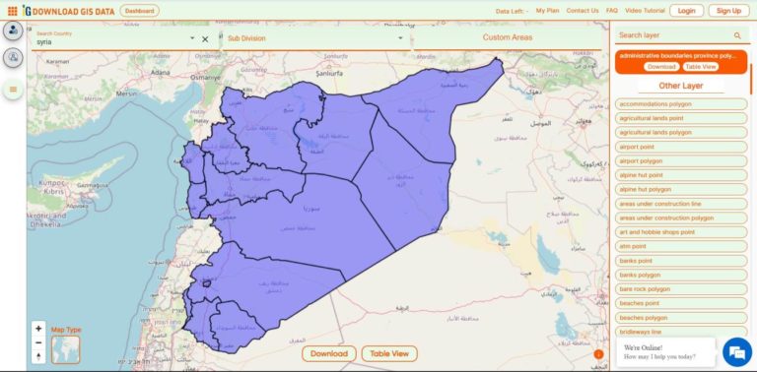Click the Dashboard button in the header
pyautogui.click(x=139, y=11)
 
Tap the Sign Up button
pyautogui.click(x=728, y=11)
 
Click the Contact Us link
pyautogui.click(x=583, y=11)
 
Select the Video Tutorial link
pyautogui.click(x=645, y=11)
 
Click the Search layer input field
pyautogui.click(x=673, y=35)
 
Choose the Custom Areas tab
pyautogui.click(x=508, y=37)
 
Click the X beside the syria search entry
pyautogui.click(x=205, y=39)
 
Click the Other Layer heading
pyautogui.click(x=680, y=86)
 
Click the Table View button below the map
pyautogui.click(x=388, y=353)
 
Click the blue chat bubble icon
pyautogui.click(x=735, y=351)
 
